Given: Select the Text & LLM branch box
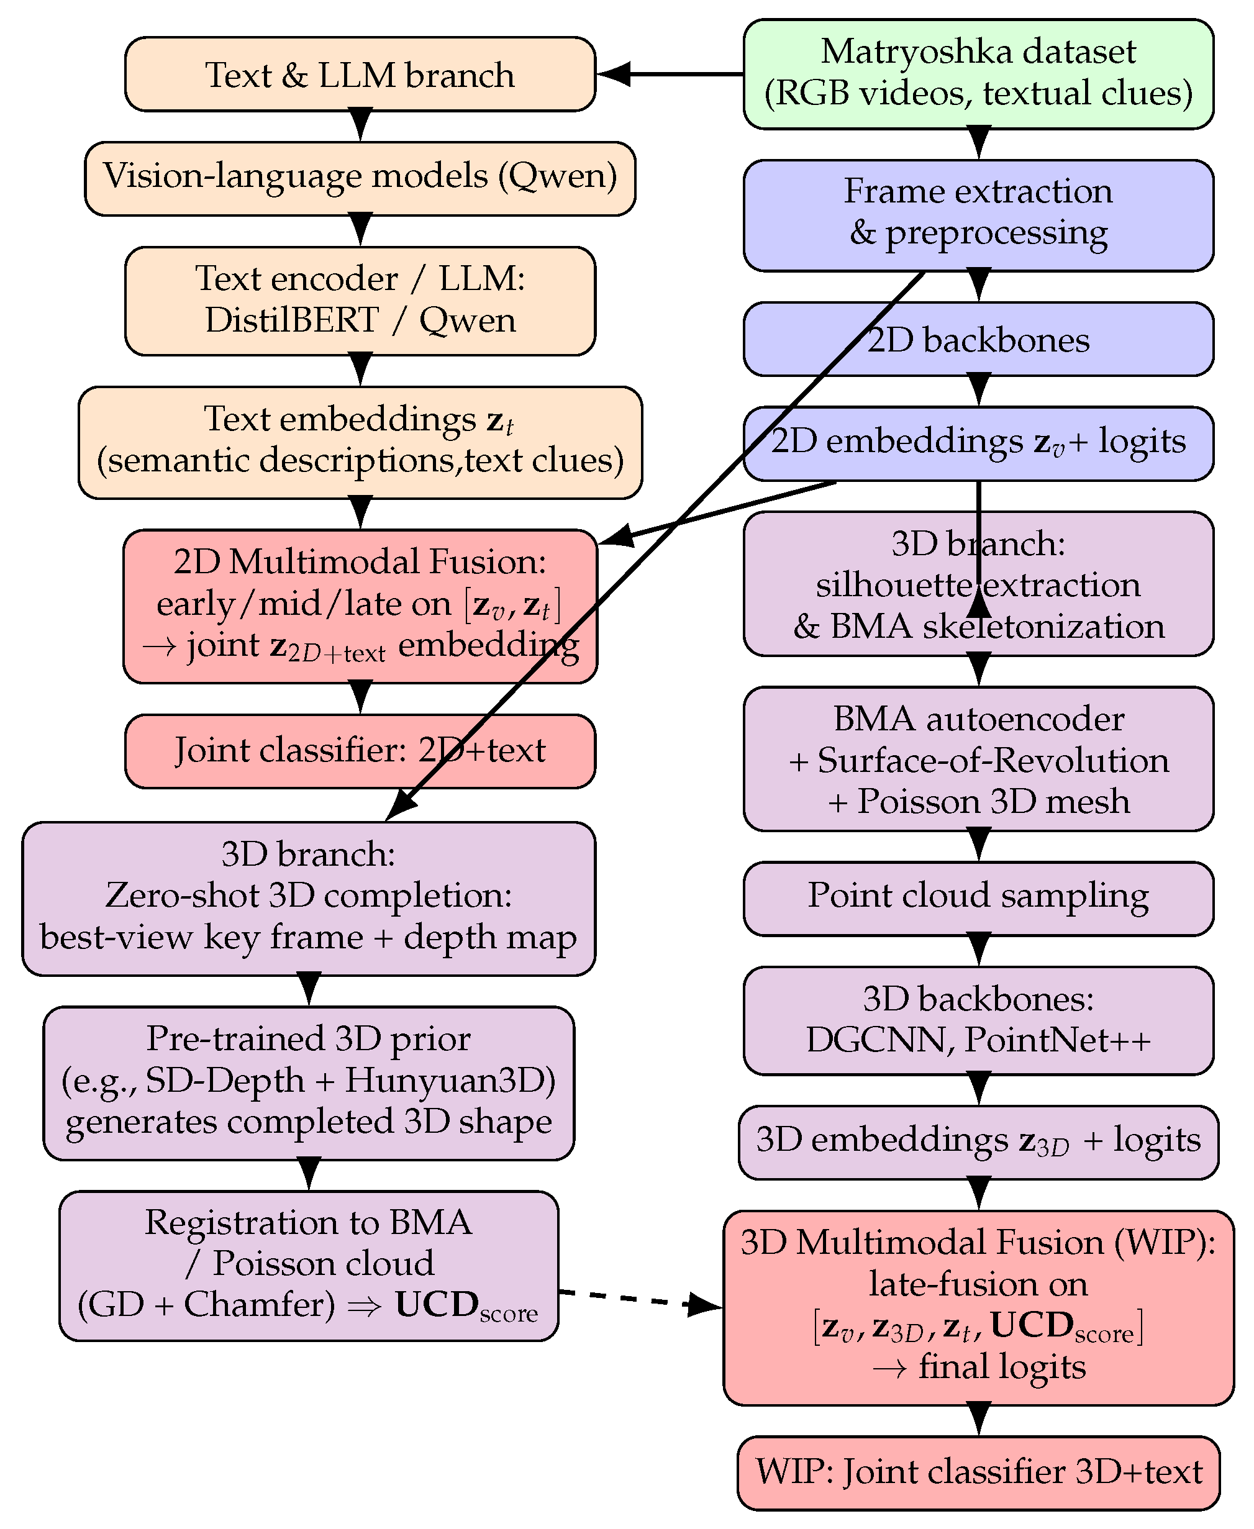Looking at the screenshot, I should tap(360, 75).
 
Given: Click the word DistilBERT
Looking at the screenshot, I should tap(291, 320).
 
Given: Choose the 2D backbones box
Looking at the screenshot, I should tap(978, 340).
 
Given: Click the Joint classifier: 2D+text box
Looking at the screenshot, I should tap(360, 750).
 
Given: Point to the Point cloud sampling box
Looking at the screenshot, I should tap(978, 896).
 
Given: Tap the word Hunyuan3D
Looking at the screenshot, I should tap(449, 1081).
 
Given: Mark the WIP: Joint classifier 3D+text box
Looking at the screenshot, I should tap(978, 1472).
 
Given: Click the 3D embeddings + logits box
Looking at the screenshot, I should tap(978, 1141).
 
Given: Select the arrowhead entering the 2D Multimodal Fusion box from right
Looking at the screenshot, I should tap(616, 537).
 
